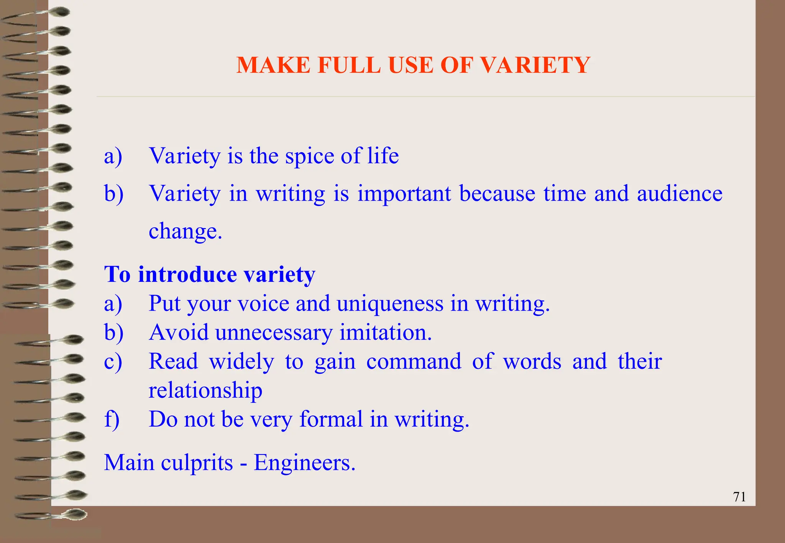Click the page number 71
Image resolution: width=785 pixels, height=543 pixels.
pos(739,497)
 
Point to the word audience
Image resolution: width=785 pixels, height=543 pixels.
pos(679,193)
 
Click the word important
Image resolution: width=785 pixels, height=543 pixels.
pos(404,194)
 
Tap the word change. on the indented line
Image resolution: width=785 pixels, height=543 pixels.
pos(185,231)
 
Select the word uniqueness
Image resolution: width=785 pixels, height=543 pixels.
pos(390,304)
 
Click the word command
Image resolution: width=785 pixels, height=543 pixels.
pos(414,361)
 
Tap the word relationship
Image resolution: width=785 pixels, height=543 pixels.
pos(205,391)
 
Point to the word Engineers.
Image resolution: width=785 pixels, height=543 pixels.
pos(304,463)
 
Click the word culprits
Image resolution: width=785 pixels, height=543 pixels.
pos(197,463)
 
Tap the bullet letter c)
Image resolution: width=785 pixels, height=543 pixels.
pos(113,361)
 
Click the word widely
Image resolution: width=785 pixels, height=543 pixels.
pos(241,362)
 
